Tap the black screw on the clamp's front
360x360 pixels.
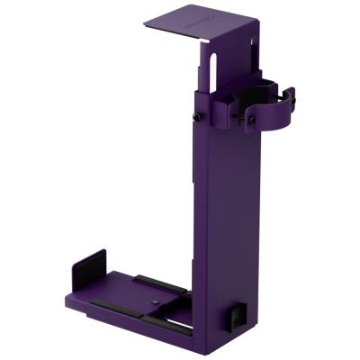pos(253,118)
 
